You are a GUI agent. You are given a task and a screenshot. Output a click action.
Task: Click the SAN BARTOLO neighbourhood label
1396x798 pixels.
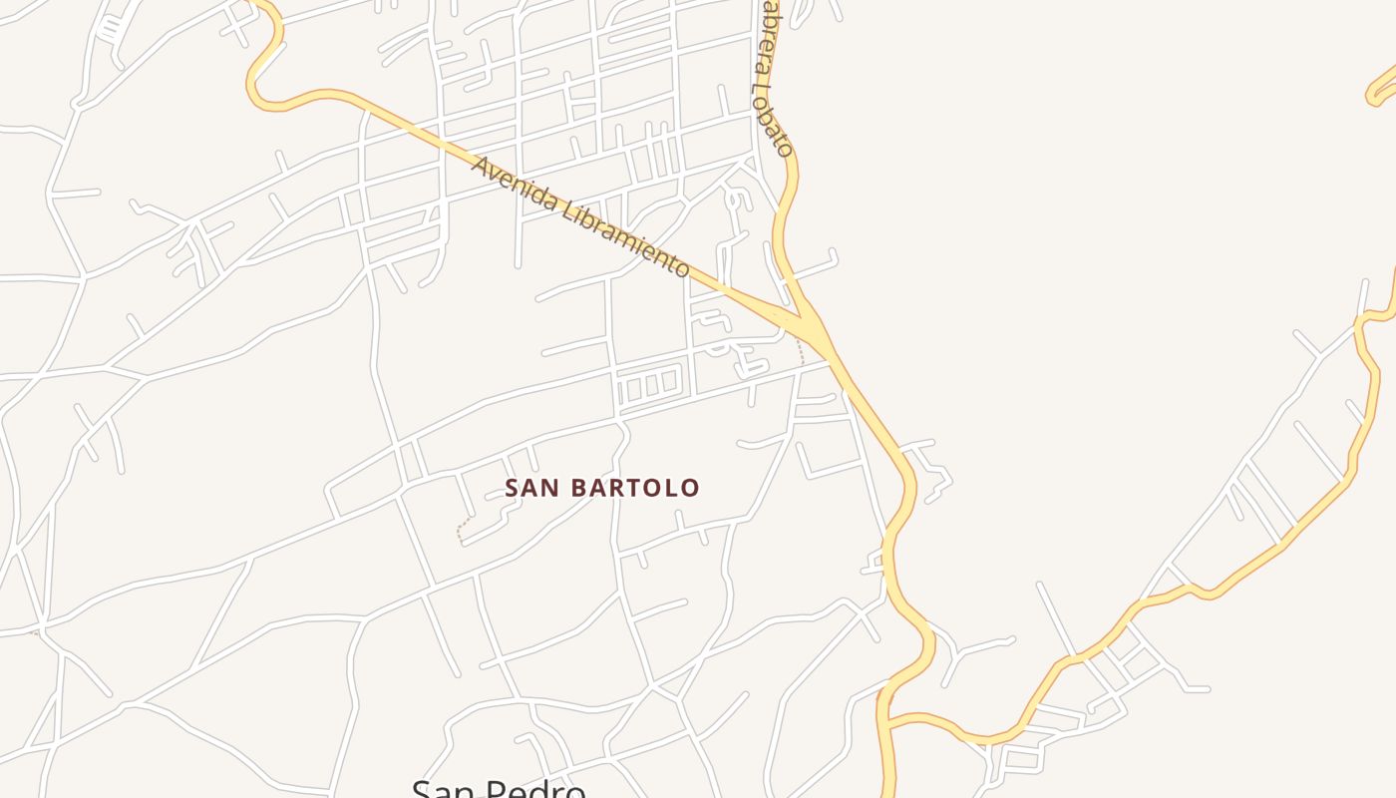(x=602, y=488)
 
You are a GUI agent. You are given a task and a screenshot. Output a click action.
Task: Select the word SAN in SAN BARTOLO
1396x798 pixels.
(x=526, y=488)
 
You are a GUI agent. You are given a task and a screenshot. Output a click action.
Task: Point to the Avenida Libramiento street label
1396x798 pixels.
(x=580, y=215)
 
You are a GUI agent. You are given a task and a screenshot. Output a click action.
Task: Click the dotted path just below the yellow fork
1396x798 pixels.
(x=800, y=350)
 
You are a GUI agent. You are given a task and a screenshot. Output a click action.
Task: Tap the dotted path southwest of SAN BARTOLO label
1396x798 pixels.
(x=462, y=529)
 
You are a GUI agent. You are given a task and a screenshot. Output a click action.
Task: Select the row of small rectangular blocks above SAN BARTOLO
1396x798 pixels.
(x=649, y=385)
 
